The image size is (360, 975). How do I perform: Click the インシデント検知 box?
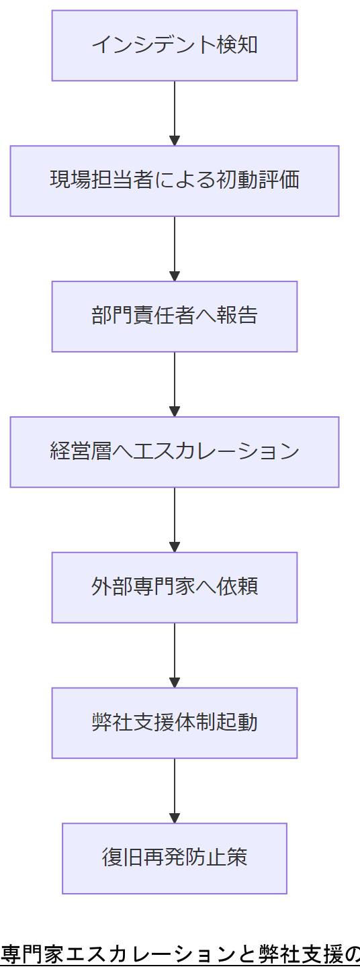click(175, 46)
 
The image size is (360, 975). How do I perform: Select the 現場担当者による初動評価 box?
click(175, 181)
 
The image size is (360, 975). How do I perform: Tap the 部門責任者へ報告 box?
click(175, 316)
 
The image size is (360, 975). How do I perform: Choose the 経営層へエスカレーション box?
click(175, 452)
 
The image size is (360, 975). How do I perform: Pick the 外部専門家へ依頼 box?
click(175, 588)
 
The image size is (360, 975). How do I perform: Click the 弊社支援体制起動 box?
click(175, 723)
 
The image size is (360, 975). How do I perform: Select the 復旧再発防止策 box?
click(175, 858)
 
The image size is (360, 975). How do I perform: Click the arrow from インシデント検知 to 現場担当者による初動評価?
click(175, 113)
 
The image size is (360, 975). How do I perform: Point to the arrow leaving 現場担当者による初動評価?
click(175, 248)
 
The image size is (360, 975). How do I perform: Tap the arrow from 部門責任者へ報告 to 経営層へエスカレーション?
click(175, 384)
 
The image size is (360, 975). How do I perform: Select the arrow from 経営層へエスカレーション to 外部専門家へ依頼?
click(175, 520)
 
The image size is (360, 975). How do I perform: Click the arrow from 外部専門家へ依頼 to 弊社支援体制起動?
click(175, 655)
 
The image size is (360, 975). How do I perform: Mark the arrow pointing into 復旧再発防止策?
click(175, 791)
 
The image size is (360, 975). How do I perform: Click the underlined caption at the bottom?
click(180, 954)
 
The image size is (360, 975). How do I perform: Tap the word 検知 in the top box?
click(237, 46)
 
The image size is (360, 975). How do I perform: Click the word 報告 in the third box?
click(237, 316)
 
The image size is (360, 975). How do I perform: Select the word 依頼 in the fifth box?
click(237, 588)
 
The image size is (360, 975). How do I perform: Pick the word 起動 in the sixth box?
click(237, 723)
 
